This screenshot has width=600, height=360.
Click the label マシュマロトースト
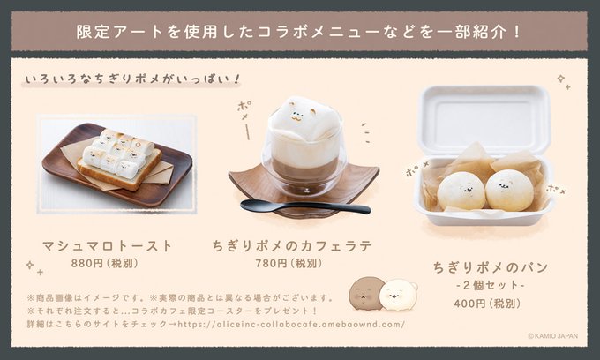[x=107, y=246]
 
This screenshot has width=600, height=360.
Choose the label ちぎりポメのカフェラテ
[x=292, y=246]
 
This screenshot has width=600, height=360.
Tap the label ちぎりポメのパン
[x=491, y=267]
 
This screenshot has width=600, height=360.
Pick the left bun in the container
[x=461, y=191]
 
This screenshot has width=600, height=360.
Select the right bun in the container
[x=509, y=190]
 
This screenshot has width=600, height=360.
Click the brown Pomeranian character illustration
[x=365, y=294]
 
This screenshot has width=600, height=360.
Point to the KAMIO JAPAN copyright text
[x=553, y=336]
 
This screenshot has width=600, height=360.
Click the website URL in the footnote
[x=291, y=325]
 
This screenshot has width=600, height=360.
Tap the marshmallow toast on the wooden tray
[x=119, y=159]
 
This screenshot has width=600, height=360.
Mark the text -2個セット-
[x=491, y=285]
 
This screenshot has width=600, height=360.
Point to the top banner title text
[x=299, y=32]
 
